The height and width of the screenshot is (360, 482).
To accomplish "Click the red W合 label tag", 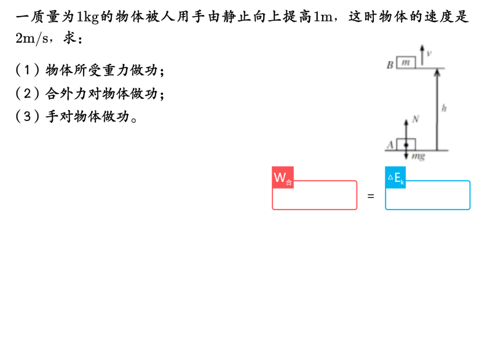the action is tap(283, 177).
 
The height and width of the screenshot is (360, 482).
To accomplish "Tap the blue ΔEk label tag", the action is tap(395, 177).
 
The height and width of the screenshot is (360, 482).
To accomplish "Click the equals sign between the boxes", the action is tap(371, 196).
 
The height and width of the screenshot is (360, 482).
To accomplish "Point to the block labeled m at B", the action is tap(406, 63).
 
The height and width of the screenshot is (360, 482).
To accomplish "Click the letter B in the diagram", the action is tap(390, 65).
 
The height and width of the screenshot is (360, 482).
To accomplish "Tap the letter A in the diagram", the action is tap(390, 145).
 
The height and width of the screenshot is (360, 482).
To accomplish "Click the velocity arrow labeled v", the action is tap(422, 55).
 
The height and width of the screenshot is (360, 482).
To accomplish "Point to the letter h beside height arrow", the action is tap(444, 108).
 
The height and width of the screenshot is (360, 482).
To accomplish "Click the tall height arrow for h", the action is tap(437, 109).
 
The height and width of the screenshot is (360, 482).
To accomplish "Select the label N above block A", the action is tap(416, 119).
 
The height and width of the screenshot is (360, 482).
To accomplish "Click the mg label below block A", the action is tap(418, 156).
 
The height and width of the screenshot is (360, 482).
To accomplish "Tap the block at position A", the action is tap(406, 144).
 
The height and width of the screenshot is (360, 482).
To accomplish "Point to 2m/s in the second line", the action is tap(32, 38).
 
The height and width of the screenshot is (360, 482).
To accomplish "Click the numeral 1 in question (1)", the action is tap(27, 70).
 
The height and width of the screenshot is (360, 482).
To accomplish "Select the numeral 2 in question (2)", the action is tap(27, 93).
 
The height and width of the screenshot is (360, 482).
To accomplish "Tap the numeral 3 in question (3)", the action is tap(27, 117).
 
